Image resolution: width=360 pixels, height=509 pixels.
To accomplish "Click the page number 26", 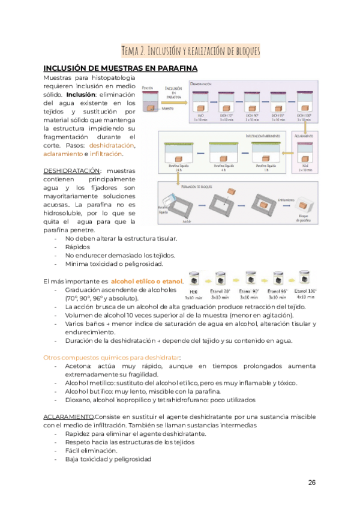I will [312, 483].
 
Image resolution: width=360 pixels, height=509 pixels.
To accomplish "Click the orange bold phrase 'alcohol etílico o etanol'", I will [146, 281].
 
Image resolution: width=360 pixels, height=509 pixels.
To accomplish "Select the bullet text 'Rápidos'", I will [77, 246].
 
